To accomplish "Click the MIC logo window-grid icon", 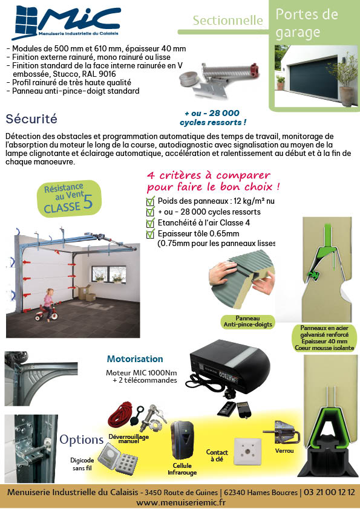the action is pyautogui.click(x=25, y=22).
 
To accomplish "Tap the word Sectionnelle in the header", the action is pyautogui.click(x=227, y=21).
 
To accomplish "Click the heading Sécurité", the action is pyautogui.click(x=31, y=119).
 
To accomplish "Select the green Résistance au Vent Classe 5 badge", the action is pyautogui.click(x=69, y=198).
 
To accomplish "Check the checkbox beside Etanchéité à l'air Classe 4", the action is pyautogui.click(x=150, y=223).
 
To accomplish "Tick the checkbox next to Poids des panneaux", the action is pyautogui.click(x=150, y=201).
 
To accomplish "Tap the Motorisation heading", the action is pyautogui.click(x=135, y=358).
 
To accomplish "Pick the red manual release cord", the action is pyautogui.click(x=120, y=415).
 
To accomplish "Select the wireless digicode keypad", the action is pyautogui.click(x=117, y=458).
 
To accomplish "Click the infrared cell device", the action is pyautogui.click(x=182, y=439).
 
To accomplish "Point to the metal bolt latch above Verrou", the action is pyautogui.click(x=282, y=433).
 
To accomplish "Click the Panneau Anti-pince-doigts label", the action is pyautogui.click(x=247, y=322).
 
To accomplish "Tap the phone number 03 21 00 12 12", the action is pyautogui.click(x=329, y=492).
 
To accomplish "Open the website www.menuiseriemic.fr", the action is pyautogui.click(x=181, y=502).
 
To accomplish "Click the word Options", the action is pyautogui.click(x=81, y=440).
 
